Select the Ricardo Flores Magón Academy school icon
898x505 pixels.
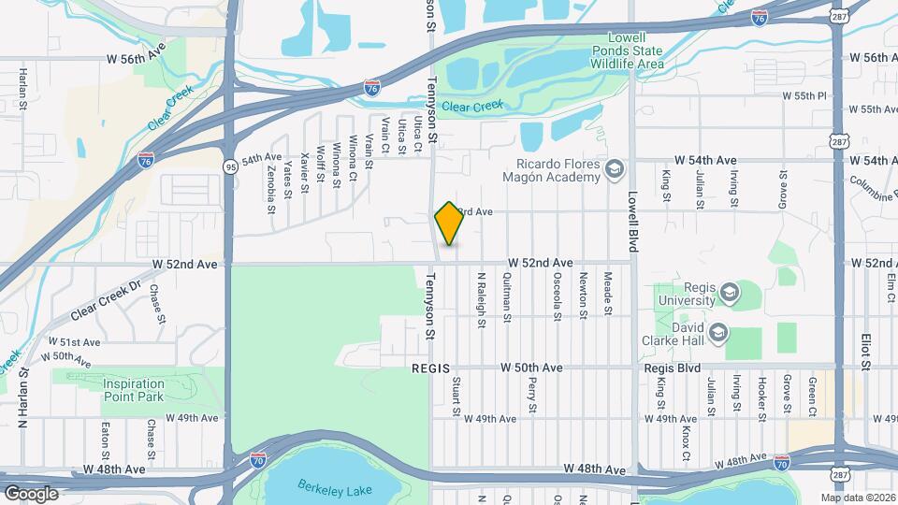614,168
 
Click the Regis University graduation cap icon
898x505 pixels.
727,295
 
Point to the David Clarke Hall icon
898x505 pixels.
717,333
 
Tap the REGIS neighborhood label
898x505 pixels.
431,369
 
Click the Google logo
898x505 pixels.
31,493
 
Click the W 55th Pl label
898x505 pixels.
805,95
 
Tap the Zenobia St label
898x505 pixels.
271,191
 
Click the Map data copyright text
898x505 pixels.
856,498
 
